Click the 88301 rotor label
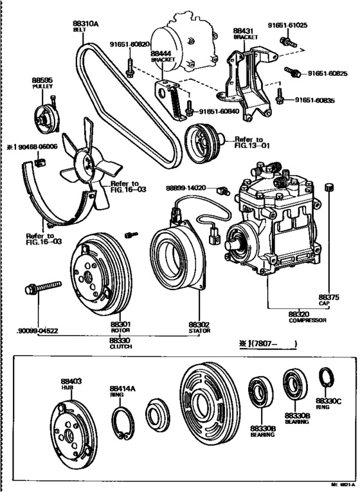pos(120,327)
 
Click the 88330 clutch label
pos(120,342)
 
